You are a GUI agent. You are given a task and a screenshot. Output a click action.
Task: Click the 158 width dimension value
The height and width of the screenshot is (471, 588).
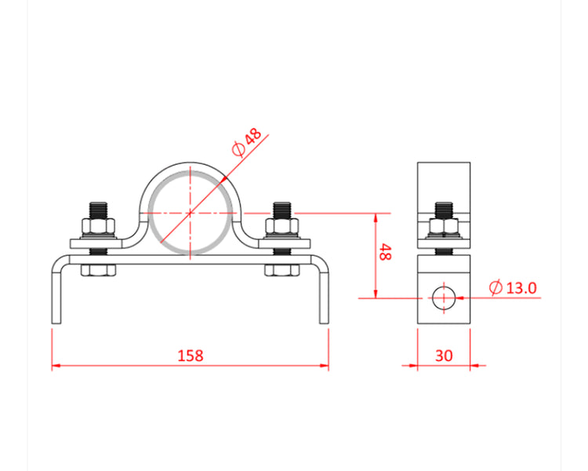click(x=190, y=356)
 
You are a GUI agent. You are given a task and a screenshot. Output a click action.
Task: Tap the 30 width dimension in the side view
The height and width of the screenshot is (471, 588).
click(x=444, y=356)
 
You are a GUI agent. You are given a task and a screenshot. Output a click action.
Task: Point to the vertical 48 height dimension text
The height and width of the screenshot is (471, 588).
click(x=385, y=253)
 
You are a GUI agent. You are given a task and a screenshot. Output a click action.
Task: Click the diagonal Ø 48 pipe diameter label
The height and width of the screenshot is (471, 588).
click(x=246, y=142)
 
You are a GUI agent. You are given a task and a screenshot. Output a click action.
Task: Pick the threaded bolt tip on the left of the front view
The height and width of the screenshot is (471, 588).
click(x=100, y=210)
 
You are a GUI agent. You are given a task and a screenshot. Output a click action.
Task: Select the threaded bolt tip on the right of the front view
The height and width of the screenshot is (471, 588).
click(x=282, y=210)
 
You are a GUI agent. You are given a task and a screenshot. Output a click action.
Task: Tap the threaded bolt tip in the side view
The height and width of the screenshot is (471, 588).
click(x=444, y=210)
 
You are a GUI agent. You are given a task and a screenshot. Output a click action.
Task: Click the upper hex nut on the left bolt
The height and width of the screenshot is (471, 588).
click(x=100, y=228)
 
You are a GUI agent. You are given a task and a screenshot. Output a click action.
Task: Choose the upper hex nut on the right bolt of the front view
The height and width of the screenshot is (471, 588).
click(x=282, y=228)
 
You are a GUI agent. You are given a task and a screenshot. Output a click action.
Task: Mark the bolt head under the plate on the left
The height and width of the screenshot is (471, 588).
click(x=100, y=271)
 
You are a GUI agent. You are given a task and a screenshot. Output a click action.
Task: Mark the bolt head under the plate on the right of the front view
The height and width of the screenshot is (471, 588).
click(x=282, y=271)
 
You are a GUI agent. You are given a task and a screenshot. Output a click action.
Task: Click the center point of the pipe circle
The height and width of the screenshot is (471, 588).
click(x=191, y=213)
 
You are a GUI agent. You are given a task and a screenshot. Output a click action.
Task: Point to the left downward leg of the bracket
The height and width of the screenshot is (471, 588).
click(x=56, y=294)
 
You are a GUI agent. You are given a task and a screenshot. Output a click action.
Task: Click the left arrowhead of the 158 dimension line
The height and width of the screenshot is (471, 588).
click(x=56, y=365)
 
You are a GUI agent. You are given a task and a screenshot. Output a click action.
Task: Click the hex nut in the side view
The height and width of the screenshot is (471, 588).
click(x=444, y=228)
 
